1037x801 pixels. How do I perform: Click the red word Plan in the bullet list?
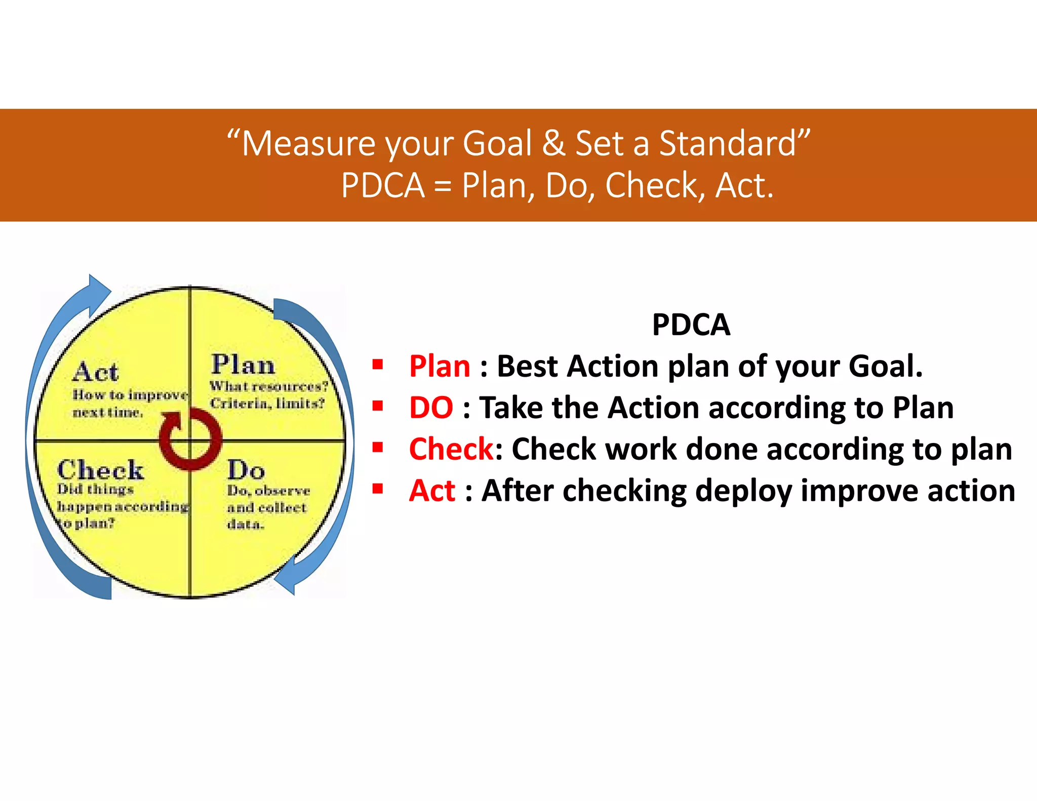pos(440,366)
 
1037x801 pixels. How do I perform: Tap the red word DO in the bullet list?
pos(431,408)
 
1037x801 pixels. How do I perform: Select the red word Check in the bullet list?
pos(451,449)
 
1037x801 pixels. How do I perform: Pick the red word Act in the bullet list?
pos(432,491)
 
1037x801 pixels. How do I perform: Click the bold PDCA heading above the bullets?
pos(691,325)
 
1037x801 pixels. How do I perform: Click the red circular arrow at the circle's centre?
pos(190,439)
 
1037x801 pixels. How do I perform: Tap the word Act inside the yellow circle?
pos(95,372)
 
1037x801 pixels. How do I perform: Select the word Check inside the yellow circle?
pos(100,470)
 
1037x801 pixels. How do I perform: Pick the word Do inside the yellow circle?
pos(246,470)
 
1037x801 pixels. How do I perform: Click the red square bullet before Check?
pos(377,447)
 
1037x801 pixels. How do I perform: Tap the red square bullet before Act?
pos(377,489)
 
